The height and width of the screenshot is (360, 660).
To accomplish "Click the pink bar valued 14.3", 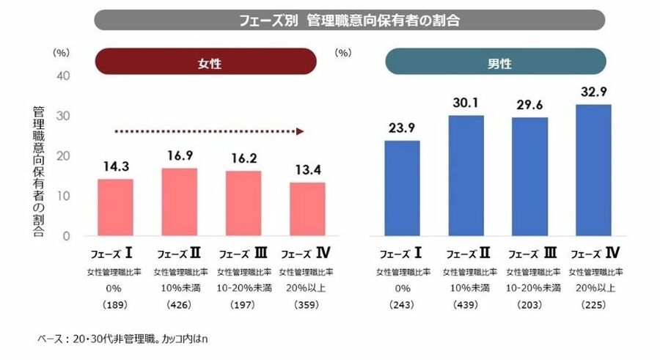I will click(x=115, y=207).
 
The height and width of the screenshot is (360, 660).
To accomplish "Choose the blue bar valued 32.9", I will click(x=593, y=170).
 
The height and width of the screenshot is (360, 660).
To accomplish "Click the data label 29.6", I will click(x=528, y=105).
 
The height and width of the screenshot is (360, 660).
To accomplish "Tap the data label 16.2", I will click(x=243, y=158).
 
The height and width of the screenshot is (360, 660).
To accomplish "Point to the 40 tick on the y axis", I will click(x=63, y=76).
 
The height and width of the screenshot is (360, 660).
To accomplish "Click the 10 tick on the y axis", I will click(x=63, y=196).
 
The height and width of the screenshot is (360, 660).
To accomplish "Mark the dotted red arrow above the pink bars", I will click(x=209, y=131).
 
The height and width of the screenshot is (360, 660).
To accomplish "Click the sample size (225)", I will click(x=595, y=304).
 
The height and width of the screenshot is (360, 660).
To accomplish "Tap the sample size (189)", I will click(x=116, y=304).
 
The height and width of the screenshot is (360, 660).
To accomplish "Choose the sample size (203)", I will click(x=529, y=304).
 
